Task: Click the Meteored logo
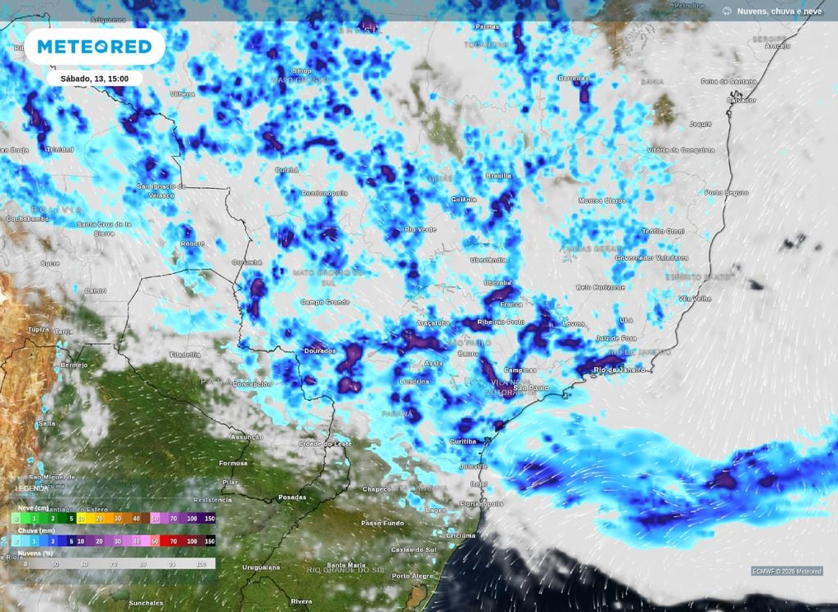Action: [x=95, y=47]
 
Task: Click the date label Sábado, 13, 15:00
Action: [x=94, y=79]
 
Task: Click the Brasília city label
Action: [x=498, y=175]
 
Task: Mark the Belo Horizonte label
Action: [x=601, y=287]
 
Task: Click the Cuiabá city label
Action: [x=287, y=169]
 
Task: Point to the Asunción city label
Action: [x=248, y=438]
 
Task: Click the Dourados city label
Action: [x=320, y=351]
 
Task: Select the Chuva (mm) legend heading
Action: [x=36, y=530]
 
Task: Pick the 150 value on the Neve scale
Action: [x=209, y=519]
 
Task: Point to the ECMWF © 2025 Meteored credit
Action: [x=786, y=571]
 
